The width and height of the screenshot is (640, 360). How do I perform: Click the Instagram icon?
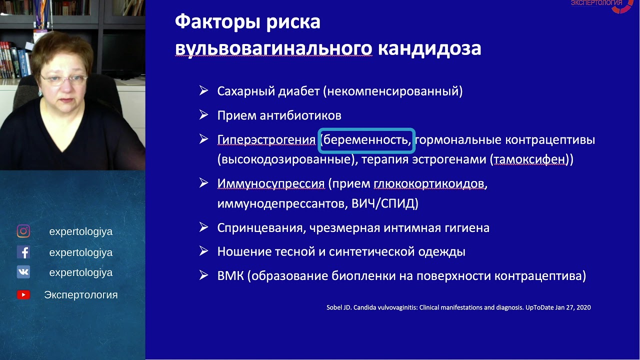pyautogui.click(x=23, y=231)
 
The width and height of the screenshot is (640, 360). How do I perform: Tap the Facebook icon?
pyautogui.click(x=23, y=252)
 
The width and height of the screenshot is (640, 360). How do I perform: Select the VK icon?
pyautogui.click(x=23, y=272)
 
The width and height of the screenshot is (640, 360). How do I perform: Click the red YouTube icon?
pyautogui.click(x=23, y=295)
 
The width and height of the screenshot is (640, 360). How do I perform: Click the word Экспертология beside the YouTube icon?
pyautogui.click(x=81, y=295)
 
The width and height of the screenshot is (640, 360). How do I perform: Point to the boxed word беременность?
pyautogui.click(x=366, y=140)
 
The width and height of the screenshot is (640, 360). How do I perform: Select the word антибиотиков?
pyautogui.click(x=300, y=115)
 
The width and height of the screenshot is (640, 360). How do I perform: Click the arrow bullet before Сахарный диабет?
pyautogui.click(x=203, y=90)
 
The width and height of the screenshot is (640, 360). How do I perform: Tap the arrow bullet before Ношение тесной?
pyautogui.click(x=203, y=251)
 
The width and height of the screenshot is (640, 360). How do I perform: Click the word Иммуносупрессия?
pyautogui.click(x=271, y=183)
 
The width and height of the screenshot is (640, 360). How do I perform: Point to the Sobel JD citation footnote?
pyautogui.click(x=458, y=307)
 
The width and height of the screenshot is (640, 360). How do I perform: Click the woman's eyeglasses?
pyautogui.click(x=63, y=79)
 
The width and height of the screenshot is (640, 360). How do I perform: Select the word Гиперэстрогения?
pyautogui.click(x=266, y=140)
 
